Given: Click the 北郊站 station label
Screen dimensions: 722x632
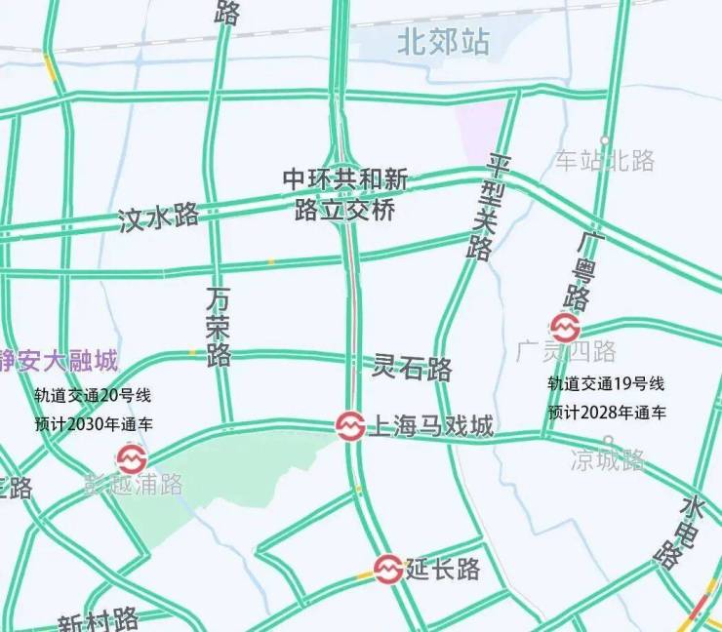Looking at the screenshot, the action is pos(443,42).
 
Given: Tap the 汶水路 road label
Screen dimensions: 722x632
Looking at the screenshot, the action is pos(158,217).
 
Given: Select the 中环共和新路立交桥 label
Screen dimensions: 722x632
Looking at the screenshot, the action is pos(345,194).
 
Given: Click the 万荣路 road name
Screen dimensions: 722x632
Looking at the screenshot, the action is pos(219,326).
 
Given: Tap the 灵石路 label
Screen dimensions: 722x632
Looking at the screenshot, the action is pos(413,369).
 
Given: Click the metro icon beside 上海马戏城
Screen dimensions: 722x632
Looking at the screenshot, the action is pos(350,425).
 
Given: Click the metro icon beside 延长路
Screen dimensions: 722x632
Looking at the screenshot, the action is pos(388,569).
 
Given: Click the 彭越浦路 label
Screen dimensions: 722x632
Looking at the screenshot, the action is pos(134,484).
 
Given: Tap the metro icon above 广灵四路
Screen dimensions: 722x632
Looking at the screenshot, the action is pos(566,327).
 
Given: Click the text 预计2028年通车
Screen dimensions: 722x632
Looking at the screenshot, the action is pos(607,413).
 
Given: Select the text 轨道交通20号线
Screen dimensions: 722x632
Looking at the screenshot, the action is pos(93,396).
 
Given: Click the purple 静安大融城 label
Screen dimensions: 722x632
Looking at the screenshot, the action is pos(59,362).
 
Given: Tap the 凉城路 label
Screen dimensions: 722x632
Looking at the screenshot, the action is pos(608,459).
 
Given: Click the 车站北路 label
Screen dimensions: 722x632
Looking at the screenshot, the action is pos(605,161).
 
